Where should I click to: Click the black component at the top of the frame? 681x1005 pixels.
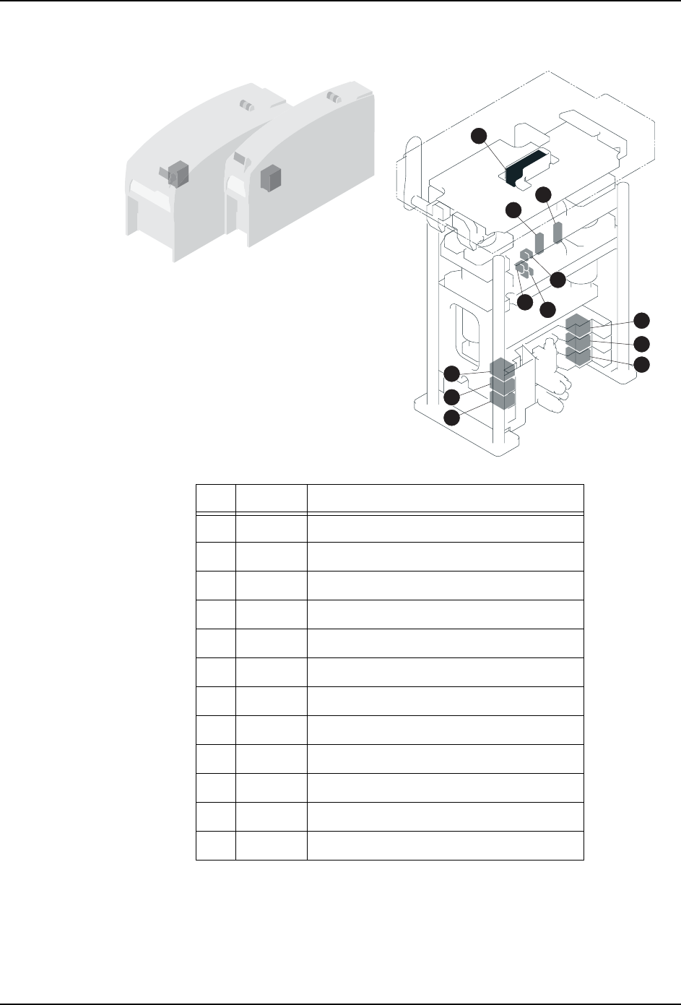pos(525,168)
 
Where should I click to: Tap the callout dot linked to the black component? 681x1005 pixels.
pos(480,135)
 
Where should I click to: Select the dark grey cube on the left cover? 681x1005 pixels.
pos(177,173)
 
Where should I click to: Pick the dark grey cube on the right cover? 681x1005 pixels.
pos(270,176)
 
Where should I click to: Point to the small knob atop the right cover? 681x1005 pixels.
pos(333,96)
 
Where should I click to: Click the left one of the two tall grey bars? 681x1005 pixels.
pos(539,242)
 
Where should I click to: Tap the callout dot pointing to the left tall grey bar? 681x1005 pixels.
pos(513,210)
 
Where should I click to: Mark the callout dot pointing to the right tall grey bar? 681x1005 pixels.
pos(544,194)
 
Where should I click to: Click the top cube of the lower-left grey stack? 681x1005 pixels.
pos(502,367)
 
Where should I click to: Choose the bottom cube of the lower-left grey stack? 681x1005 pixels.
pos(502,398)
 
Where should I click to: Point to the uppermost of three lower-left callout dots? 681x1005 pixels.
pos(451,374)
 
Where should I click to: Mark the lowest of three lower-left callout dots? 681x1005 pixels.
pos(451,418)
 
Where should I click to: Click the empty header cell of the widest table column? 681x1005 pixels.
pos(445,499)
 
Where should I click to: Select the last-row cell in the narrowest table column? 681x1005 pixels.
pos(216,845)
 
